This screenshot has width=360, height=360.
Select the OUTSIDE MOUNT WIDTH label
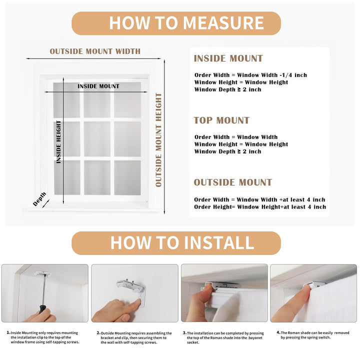click(x=95, y=51)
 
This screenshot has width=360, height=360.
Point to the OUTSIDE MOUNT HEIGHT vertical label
click(x=158, y=140)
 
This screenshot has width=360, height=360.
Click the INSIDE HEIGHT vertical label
click(x=58, y=141)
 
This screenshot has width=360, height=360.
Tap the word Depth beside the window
click(x=39, y=198)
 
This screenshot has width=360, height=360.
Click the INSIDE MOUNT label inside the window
click(x=98, y=86)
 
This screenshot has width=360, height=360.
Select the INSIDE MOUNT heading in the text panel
click(x=228, y=58)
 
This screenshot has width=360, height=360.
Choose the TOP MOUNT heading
click(x=221, y=120)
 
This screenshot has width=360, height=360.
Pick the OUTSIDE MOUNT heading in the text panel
click(x=232, y=182)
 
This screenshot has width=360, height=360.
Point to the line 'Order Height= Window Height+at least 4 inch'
click(x=260, y=207)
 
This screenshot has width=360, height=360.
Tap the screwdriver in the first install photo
click(x=42, y=295)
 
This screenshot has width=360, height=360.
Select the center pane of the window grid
click(x=97, y=139)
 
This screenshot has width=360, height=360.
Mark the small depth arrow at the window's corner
click(x=46, y=203)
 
